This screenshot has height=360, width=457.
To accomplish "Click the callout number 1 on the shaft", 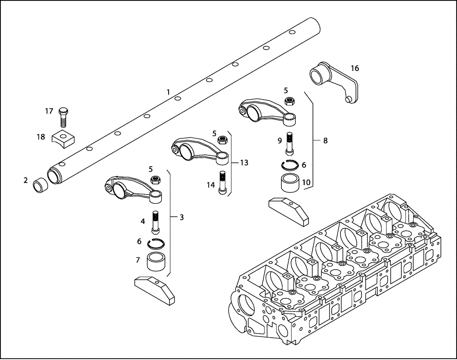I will coord(168,92).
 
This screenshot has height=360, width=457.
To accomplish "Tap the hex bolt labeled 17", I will coord(63,117).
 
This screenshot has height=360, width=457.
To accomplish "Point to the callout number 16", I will coord(355,69).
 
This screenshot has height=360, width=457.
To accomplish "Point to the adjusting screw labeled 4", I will coord(156,221).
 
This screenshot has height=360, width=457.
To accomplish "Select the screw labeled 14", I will coord(223,183).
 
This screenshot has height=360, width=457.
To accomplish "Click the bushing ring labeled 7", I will coord(156,261).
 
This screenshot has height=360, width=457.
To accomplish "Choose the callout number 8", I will coord(325,141).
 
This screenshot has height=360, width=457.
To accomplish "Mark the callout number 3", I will coord(181,217).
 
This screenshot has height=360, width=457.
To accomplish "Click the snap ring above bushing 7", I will coord(156,243).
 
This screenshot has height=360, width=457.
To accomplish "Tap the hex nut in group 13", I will coord(223,139).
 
